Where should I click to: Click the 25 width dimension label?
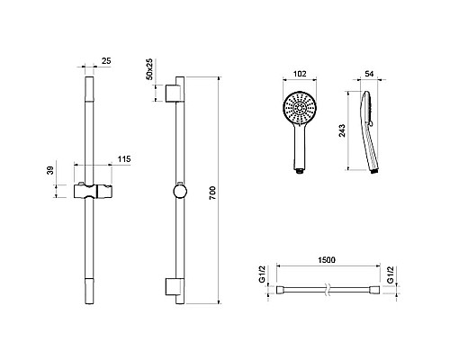coord(106,61)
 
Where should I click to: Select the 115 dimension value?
coord(124,159)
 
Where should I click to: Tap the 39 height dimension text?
coord(50,170)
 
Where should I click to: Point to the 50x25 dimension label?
coord(149,69)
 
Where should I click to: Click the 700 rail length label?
coord(212,193)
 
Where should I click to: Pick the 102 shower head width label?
coord(300,74)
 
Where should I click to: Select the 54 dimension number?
coord(369,74)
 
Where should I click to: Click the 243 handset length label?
coord(342,130)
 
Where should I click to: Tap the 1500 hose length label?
coord(327,260)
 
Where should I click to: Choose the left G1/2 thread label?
coord(262,274)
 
